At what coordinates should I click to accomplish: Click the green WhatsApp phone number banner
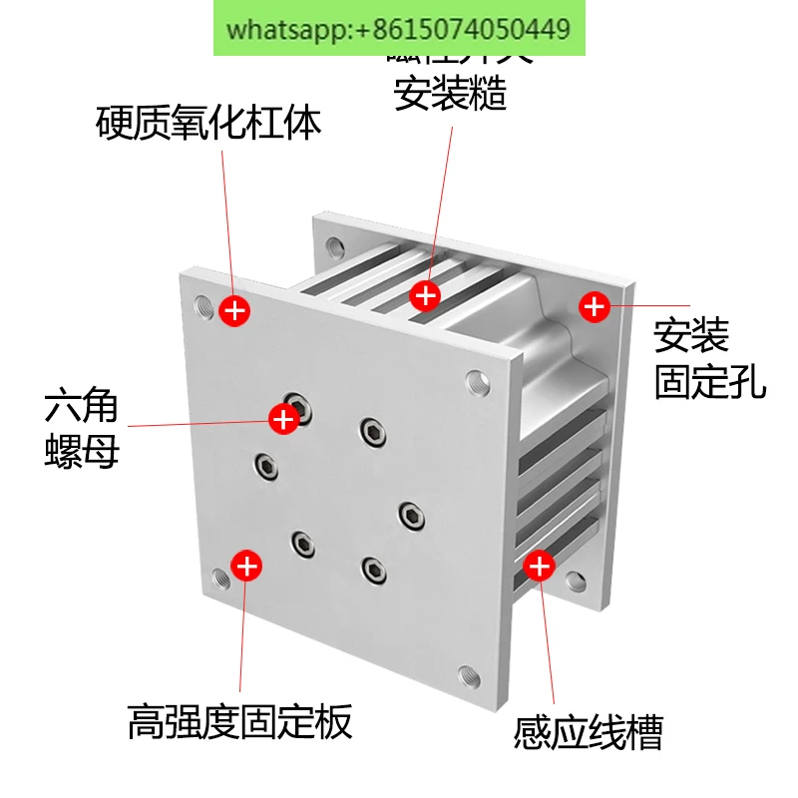tap(399, 28)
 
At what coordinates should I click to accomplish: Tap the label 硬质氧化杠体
tap(209, 124)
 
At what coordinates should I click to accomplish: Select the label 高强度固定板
tap(240, 721)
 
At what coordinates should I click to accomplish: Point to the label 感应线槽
tap(589, 733)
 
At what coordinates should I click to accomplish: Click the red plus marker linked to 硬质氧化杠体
tap(234, 310)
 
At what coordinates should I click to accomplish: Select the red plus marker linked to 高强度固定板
tap(246, 566)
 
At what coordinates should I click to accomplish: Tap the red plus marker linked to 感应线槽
tap(539, 567)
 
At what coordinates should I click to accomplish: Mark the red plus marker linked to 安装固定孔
tap(595, 305)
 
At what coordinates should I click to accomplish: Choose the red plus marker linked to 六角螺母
tap(284, 418)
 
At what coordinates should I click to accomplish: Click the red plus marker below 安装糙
tap(426, 294)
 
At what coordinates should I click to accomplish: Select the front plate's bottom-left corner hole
tap(220, 576)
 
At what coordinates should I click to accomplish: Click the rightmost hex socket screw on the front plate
tap(411, 514)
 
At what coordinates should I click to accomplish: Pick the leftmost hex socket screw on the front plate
tap(265, 464)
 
